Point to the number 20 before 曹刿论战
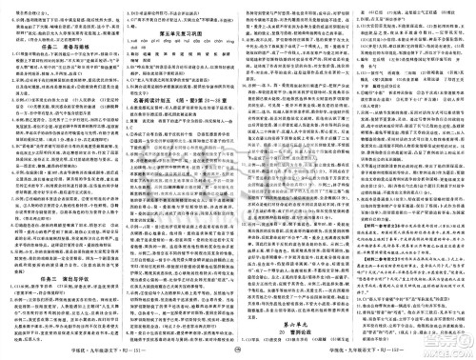click(x=279, y=308)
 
